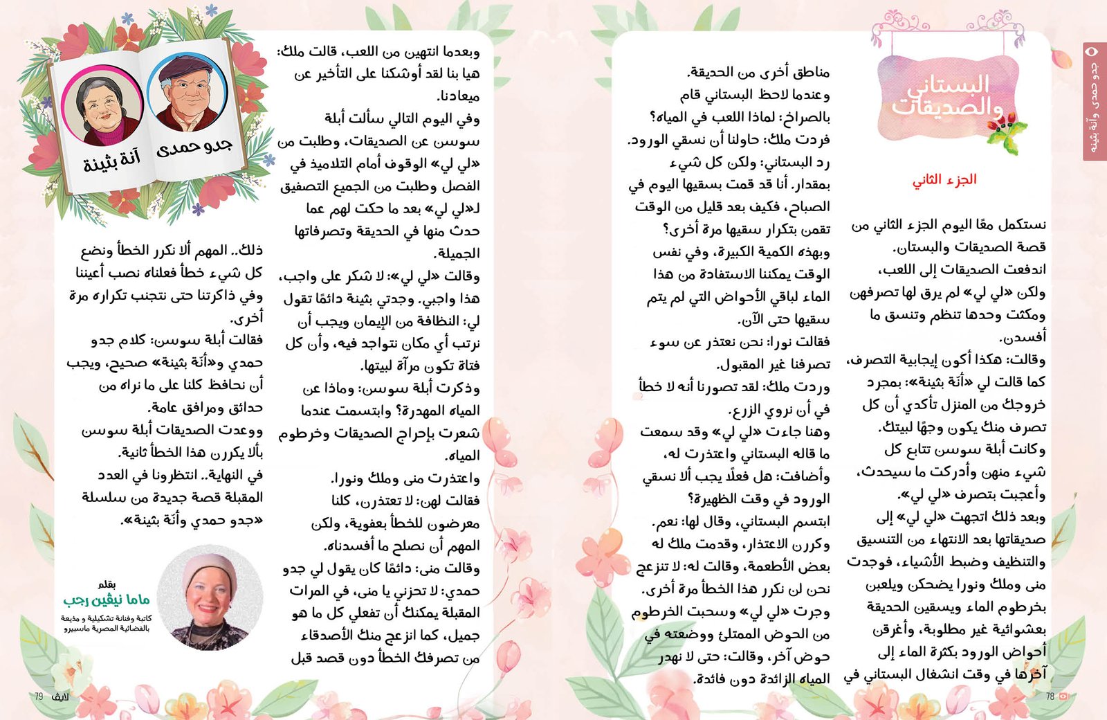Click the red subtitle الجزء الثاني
point(944,179)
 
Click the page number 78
point(1050,696)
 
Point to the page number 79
point(39,696)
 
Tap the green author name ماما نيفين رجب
point(107,600)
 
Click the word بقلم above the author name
point(107,584)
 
